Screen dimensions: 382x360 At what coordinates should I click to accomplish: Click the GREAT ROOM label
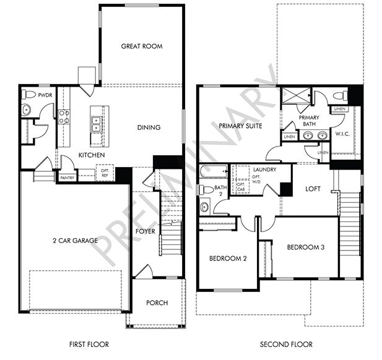click(142, 46)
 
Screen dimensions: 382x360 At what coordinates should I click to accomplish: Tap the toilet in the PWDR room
click(28, 94)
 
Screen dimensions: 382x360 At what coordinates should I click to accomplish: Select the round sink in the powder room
click(26, 110)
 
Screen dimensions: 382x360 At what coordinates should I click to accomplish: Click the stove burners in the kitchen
click(64, 116)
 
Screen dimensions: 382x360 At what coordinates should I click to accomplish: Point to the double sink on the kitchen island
click(97, 124)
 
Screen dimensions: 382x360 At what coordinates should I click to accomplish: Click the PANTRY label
click(67, 178)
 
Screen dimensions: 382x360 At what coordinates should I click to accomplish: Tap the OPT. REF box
click(105, 173)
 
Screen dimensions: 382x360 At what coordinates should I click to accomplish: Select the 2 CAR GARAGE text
click(76, 241)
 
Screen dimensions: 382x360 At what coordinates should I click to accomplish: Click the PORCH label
click(157, 303)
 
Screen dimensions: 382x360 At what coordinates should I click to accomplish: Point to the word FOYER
click(145, 231)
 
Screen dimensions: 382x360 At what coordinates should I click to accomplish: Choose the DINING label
click(149, 127)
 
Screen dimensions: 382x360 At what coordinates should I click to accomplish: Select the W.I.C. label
click(342, 134)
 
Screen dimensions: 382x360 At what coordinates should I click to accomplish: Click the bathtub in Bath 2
click(214, 171)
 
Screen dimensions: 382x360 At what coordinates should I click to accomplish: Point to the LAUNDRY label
click(265, 169)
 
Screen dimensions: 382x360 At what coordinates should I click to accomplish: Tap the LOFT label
click(313, 189)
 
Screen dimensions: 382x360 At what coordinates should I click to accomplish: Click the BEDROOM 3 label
click(306, 247)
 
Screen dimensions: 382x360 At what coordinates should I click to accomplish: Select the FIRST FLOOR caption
click(89, 345)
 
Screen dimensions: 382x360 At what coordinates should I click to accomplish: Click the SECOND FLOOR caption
click(286, 345)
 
